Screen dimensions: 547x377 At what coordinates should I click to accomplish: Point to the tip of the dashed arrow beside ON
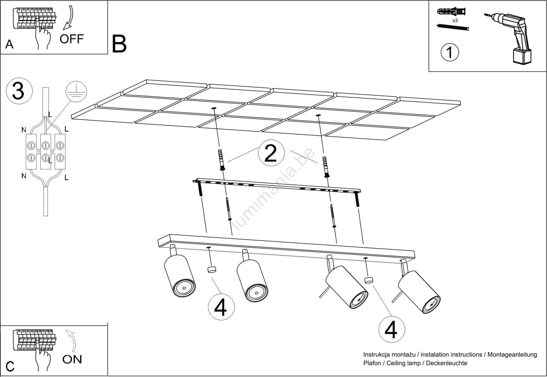(66, 331)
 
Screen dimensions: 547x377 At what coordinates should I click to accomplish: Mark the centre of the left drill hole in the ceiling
(214, 108)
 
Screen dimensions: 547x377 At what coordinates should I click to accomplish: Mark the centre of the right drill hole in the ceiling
(318, 115)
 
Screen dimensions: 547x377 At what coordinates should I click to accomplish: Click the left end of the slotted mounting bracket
(194, 181)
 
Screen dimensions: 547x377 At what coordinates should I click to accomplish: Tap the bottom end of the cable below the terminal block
(46, 215)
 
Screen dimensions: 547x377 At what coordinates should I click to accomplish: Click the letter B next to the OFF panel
(119, 44)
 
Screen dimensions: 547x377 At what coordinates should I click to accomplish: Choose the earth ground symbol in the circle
(76, 92)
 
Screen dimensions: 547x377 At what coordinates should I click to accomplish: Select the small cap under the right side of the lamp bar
(369, 280)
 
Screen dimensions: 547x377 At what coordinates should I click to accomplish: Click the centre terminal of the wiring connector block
(46, 152)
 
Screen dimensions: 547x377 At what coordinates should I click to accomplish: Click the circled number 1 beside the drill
(450, 53)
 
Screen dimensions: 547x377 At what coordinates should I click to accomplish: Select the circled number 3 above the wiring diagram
(19, 91)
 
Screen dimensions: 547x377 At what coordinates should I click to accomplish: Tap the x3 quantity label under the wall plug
(455, 21)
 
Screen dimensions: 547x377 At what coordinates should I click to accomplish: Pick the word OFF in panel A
(72, 39)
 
